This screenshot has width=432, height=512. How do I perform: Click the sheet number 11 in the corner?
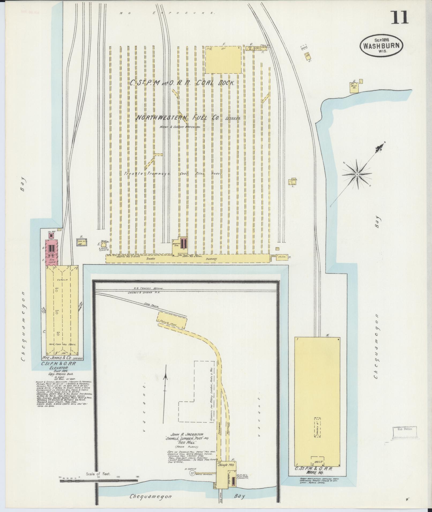(400, 18)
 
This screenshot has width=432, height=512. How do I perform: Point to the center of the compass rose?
(357, 174)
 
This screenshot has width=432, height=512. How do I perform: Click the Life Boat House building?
(354, 87)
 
